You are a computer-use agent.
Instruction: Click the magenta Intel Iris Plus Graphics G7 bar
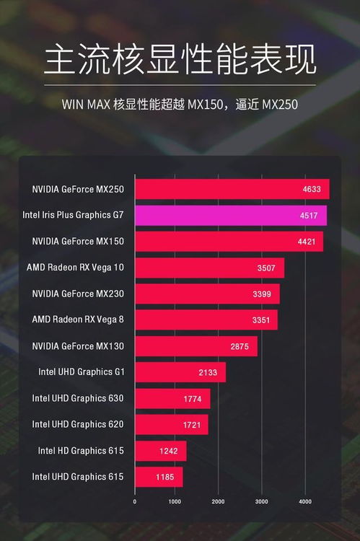[x=230, y=215]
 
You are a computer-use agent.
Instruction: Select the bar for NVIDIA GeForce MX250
[x=232, y=189]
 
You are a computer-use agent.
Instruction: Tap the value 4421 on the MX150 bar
[x=306, y=242]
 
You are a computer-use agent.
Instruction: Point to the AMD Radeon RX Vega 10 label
[x=75, y=268]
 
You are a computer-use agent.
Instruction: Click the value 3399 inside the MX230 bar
[x=262, y=294]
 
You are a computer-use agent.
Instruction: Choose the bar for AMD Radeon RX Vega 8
[x=206, y=320]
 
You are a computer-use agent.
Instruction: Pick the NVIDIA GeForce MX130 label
[x=78, y=346]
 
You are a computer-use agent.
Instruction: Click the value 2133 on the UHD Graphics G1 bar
[x=208, y=373]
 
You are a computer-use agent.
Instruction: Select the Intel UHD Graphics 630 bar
[x=172, y=399]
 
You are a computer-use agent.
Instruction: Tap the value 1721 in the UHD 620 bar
[x=190, y=425]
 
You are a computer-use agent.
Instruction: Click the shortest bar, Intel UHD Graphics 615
[x=159, y=477]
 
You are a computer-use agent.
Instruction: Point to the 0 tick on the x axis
[x=135, y=501]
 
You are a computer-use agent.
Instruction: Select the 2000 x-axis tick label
[x=219, y=501]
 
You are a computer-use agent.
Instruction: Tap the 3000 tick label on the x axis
[x=261, y=501]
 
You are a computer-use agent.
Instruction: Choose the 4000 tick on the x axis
[x=304, y=501]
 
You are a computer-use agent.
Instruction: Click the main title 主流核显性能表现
[x=180, y=60]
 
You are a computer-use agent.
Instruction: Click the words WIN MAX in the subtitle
[x=82, y=105]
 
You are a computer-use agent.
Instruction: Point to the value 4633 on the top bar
[x=312, y=190]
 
